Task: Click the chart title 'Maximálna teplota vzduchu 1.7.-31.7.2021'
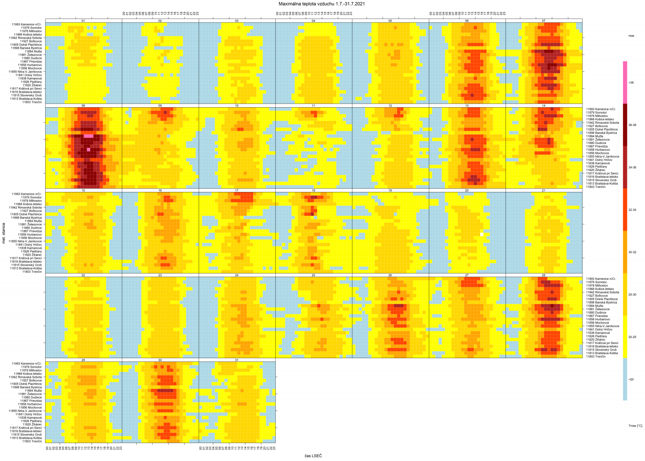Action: [322, 4]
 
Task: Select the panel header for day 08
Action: [83, 106]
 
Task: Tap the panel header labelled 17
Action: [237, 190]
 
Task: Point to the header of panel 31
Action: [237, 360]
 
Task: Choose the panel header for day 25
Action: [313, 275]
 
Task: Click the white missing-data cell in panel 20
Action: [482, 234]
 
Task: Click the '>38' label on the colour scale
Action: [631, 83]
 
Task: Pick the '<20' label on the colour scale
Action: [631, 379]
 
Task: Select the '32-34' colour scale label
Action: [632, 210]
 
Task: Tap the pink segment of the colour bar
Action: [625, 83]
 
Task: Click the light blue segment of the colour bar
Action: [625, 379]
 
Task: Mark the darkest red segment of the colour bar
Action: [625, 125]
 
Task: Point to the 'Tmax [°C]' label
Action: [635, 426]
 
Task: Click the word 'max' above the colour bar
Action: [631, 36]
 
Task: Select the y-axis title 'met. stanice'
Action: [4, 233]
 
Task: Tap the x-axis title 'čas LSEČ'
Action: [313, 456]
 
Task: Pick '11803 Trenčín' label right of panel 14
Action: [596, 187]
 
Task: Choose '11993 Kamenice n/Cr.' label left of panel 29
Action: [27, 363]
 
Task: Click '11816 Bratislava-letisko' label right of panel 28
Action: [602, 346]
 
